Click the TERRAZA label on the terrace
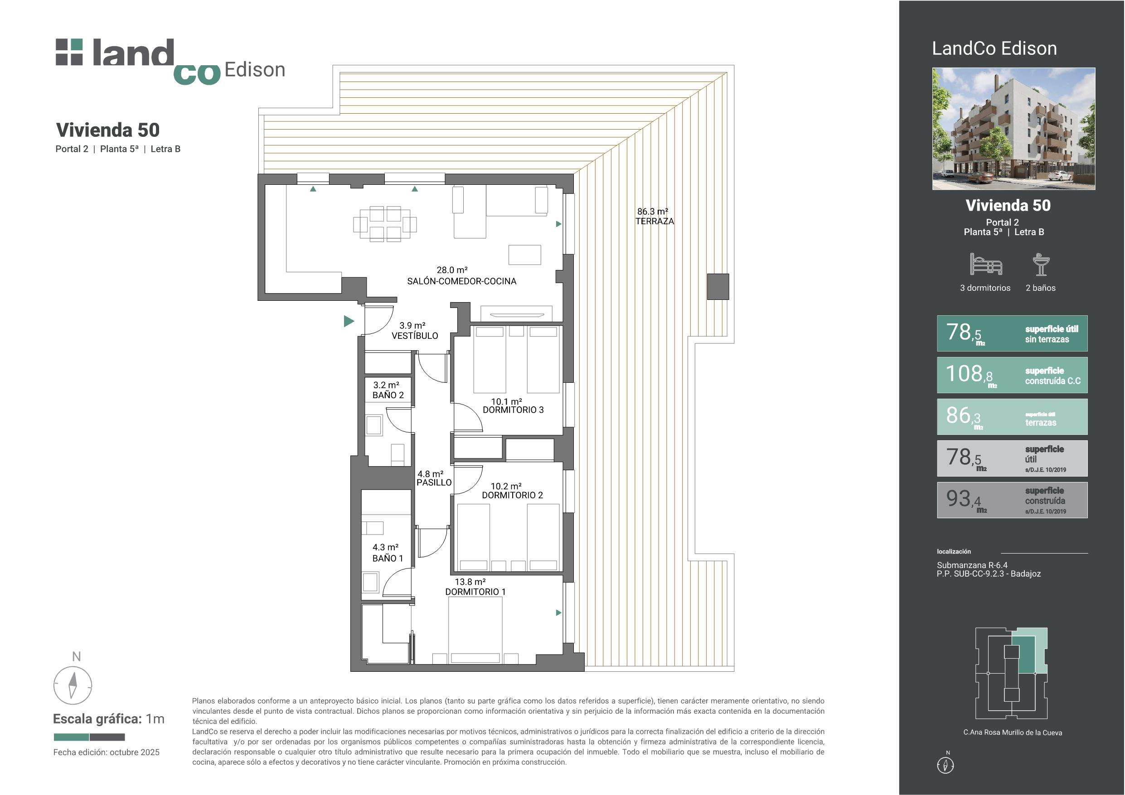tap(655, 222)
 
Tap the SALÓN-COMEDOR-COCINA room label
tap(461, 281)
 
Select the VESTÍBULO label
tap(415, 336)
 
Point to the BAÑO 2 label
tap(388, 395)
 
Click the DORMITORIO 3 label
tap(513, 410)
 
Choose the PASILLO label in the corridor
tap(434, 482)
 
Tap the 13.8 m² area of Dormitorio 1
tap(470, 582)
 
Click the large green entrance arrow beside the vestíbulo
tap(349, 321)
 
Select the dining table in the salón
tap(385, 224)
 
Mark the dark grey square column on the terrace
tap(718, 287)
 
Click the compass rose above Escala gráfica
tap(73, 685)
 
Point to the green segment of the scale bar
tap(71, 737)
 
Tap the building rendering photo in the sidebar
tap(1013, 128)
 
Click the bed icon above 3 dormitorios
tap(986, 264)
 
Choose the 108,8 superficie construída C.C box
tap(1012, 375)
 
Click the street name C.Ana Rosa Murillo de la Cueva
tap(1012, 732)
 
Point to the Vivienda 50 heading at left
tap(108, 130)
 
